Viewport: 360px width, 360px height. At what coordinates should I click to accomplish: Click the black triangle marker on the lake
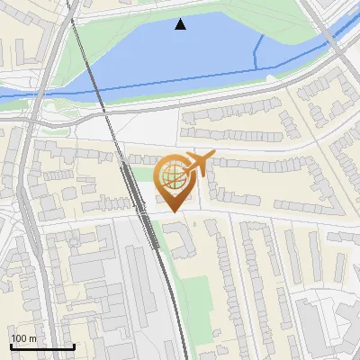click(x=181, y=24)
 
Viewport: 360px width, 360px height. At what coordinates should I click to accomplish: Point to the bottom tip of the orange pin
click(x=172, y=211)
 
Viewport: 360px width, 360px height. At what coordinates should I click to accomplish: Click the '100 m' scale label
click(x=23, y=338)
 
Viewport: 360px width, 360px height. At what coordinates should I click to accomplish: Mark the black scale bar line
click(x=42, y=346)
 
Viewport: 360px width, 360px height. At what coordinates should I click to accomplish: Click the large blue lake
click(x=180, y=54)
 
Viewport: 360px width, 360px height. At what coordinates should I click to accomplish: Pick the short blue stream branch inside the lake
click(x=258, y=50)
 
